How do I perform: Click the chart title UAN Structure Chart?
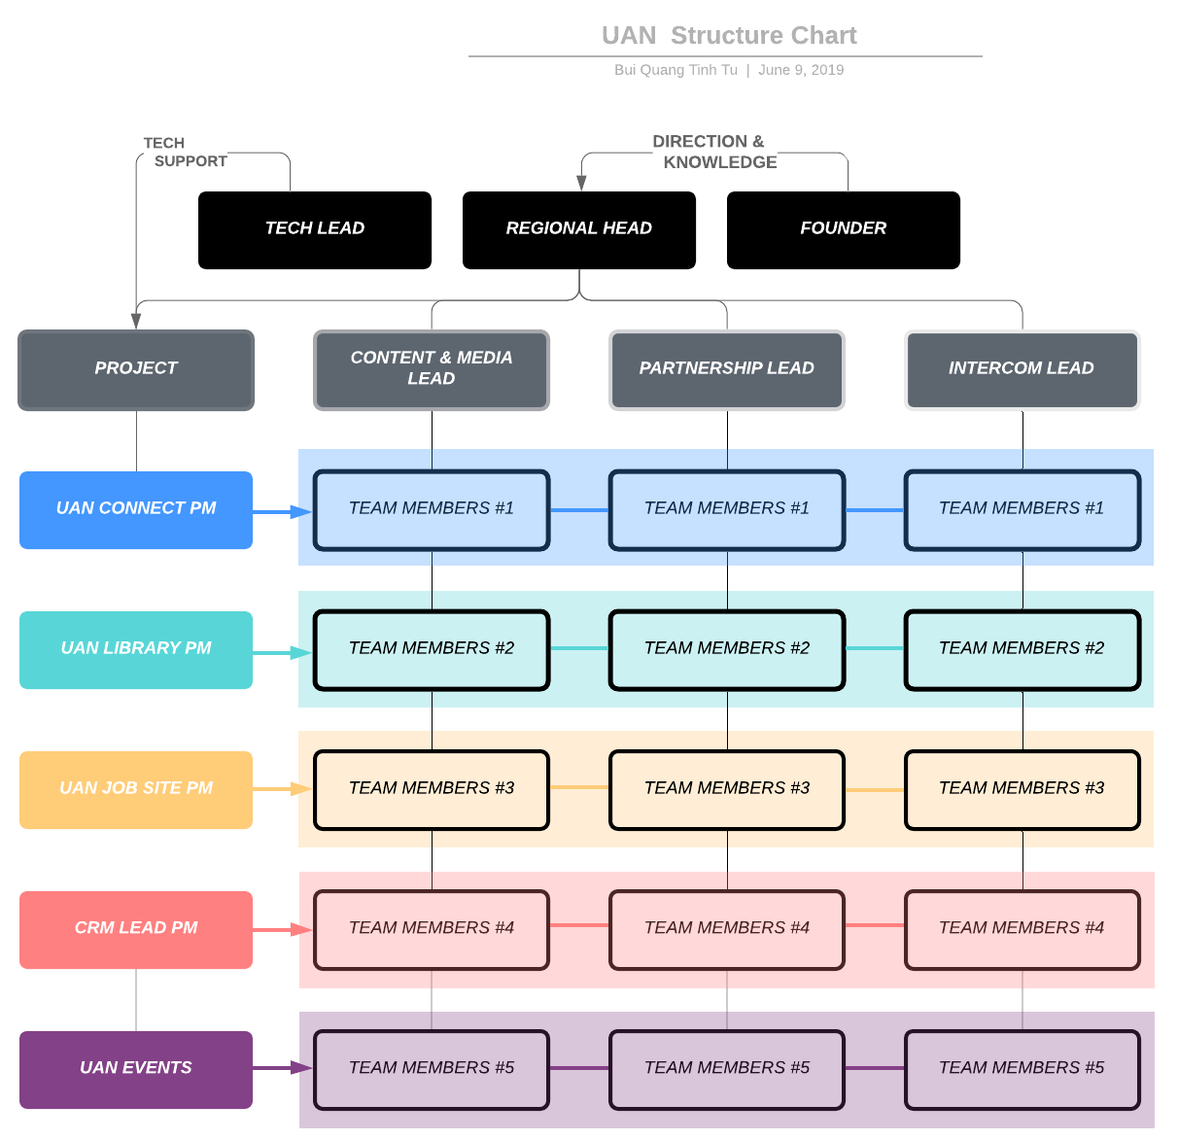(x=728, y=36)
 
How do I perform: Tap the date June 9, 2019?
(x=801, y=70)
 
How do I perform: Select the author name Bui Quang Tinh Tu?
(x=676, y=70)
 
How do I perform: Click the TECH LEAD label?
(x=314, y=228)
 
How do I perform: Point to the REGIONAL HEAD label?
(x=578, y=228)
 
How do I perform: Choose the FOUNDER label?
(x=843, y=228)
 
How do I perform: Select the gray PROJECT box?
(x=136, y=369)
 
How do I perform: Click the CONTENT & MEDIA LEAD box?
(x=432, y=369)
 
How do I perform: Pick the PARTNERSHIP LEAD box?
(x=727, y=369)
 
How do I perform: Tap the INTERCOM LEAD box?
(x=1022, y=369)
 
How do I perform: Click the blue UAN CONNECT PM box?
(x=136, y=509)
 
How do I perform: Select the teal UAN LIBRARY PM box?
(x=136, y=649)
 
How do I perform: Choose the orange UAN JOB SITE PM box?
(x=136, y=789)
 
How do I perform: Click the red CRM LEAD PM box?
(x=136, y=929)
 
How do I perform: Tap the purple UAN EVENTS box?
(x=136, y=1069)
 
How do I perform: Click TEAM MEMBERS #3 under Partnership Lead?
(x=727, y=789)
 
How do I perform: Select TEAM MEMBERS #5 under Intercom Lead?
(x=1022, y=1069)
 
